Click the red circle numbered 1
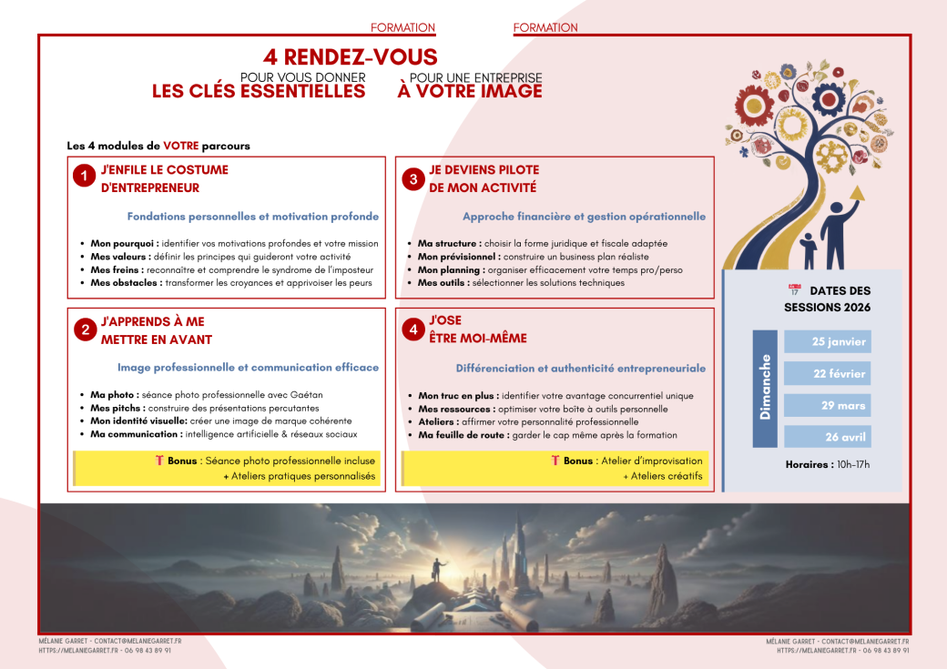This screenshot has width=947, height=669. [84, 177]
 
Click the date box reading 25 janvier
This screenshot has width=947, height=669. [827, 341]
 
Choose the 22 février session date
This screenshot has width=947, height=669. [827, 373]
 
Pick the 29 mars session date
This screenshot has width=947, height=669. [827, 405]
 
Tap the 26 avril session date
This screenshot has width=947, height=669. [827, 437]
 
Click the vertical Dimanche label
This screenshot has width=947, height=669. [765, 387]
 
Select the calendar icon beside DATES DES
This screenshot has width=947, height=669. [794, 290]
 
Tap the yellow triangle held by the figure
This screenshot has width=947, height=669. [855, 192]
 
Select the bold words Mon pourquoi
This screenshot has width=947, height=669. [125, 244]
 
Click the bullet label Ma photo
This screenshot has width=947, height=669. [114, 395]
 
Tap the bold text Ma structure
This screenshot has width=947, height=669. [449, 244]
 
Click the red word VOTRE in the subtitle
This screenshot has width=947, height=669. [180, 146]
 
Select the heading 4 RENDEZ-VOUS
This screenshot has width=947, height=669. [351, 57]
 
